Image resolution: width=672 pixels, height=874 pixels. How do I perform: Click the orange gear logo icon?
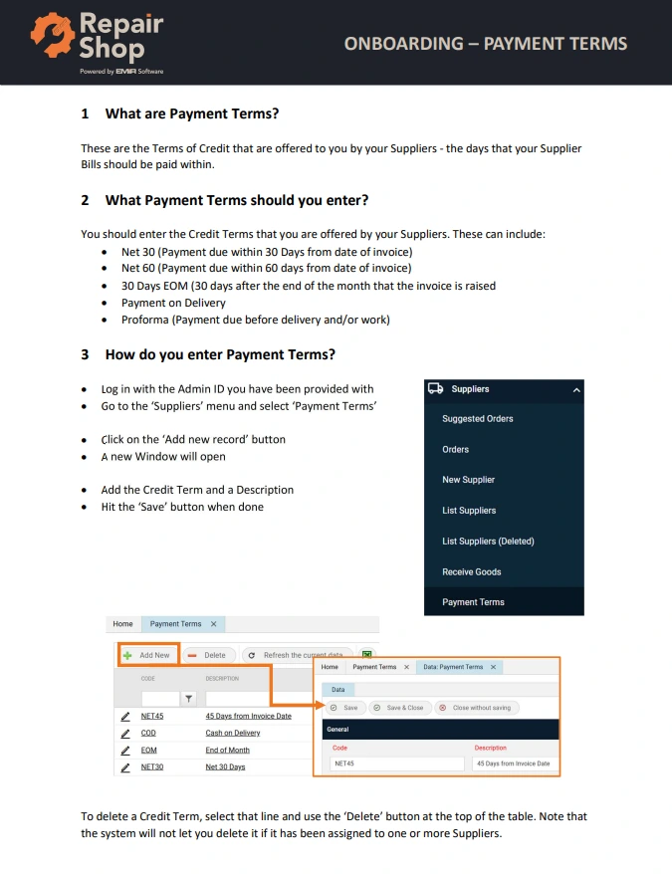[53, 35]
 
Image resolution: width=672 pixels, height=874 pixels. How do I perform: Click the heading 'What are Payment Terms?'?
[192, 113]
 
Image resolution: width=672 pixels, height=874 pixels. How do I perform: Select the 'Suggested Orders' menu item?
[478, 419]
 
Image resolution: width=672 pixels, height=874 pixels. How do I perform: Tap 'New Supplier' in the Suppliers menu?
[469, 480]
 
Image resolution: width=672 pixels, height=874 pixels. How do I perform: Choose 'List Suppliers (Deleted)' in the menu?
[488, 541]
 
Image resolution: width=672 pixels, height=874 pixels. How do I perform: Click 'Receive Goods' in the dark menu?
[471, 571]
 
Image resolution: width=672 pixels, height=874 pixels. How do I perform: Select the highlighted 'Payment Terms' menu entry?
[473, 602]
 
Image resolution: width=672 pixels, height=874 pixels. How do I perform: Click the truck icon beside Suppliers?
[435, 388]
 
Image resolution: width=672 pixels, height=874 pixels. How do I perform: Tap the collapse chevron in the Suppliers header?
[576, 390]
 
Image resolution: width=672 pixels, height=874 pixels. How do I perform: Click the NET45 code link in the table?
[151, 716]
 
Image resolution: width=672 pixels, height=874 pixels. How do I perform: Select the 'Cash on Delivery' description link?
[233, 733]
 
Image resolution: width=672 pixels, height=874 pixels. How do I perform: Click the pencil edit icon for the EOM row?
[125, 751]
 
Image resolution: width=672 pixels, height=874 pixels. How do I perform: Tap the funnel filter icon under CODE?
[189, 699]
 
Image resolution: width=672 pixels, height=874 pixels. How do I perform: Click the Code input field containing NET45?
[397, 764]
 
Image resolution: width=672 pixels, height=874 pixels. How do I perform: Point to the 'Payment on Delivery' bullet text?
[173, 303]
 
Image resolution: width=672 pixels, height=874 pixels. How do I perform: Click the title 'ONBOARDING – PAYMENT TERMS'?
[485, 44]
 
